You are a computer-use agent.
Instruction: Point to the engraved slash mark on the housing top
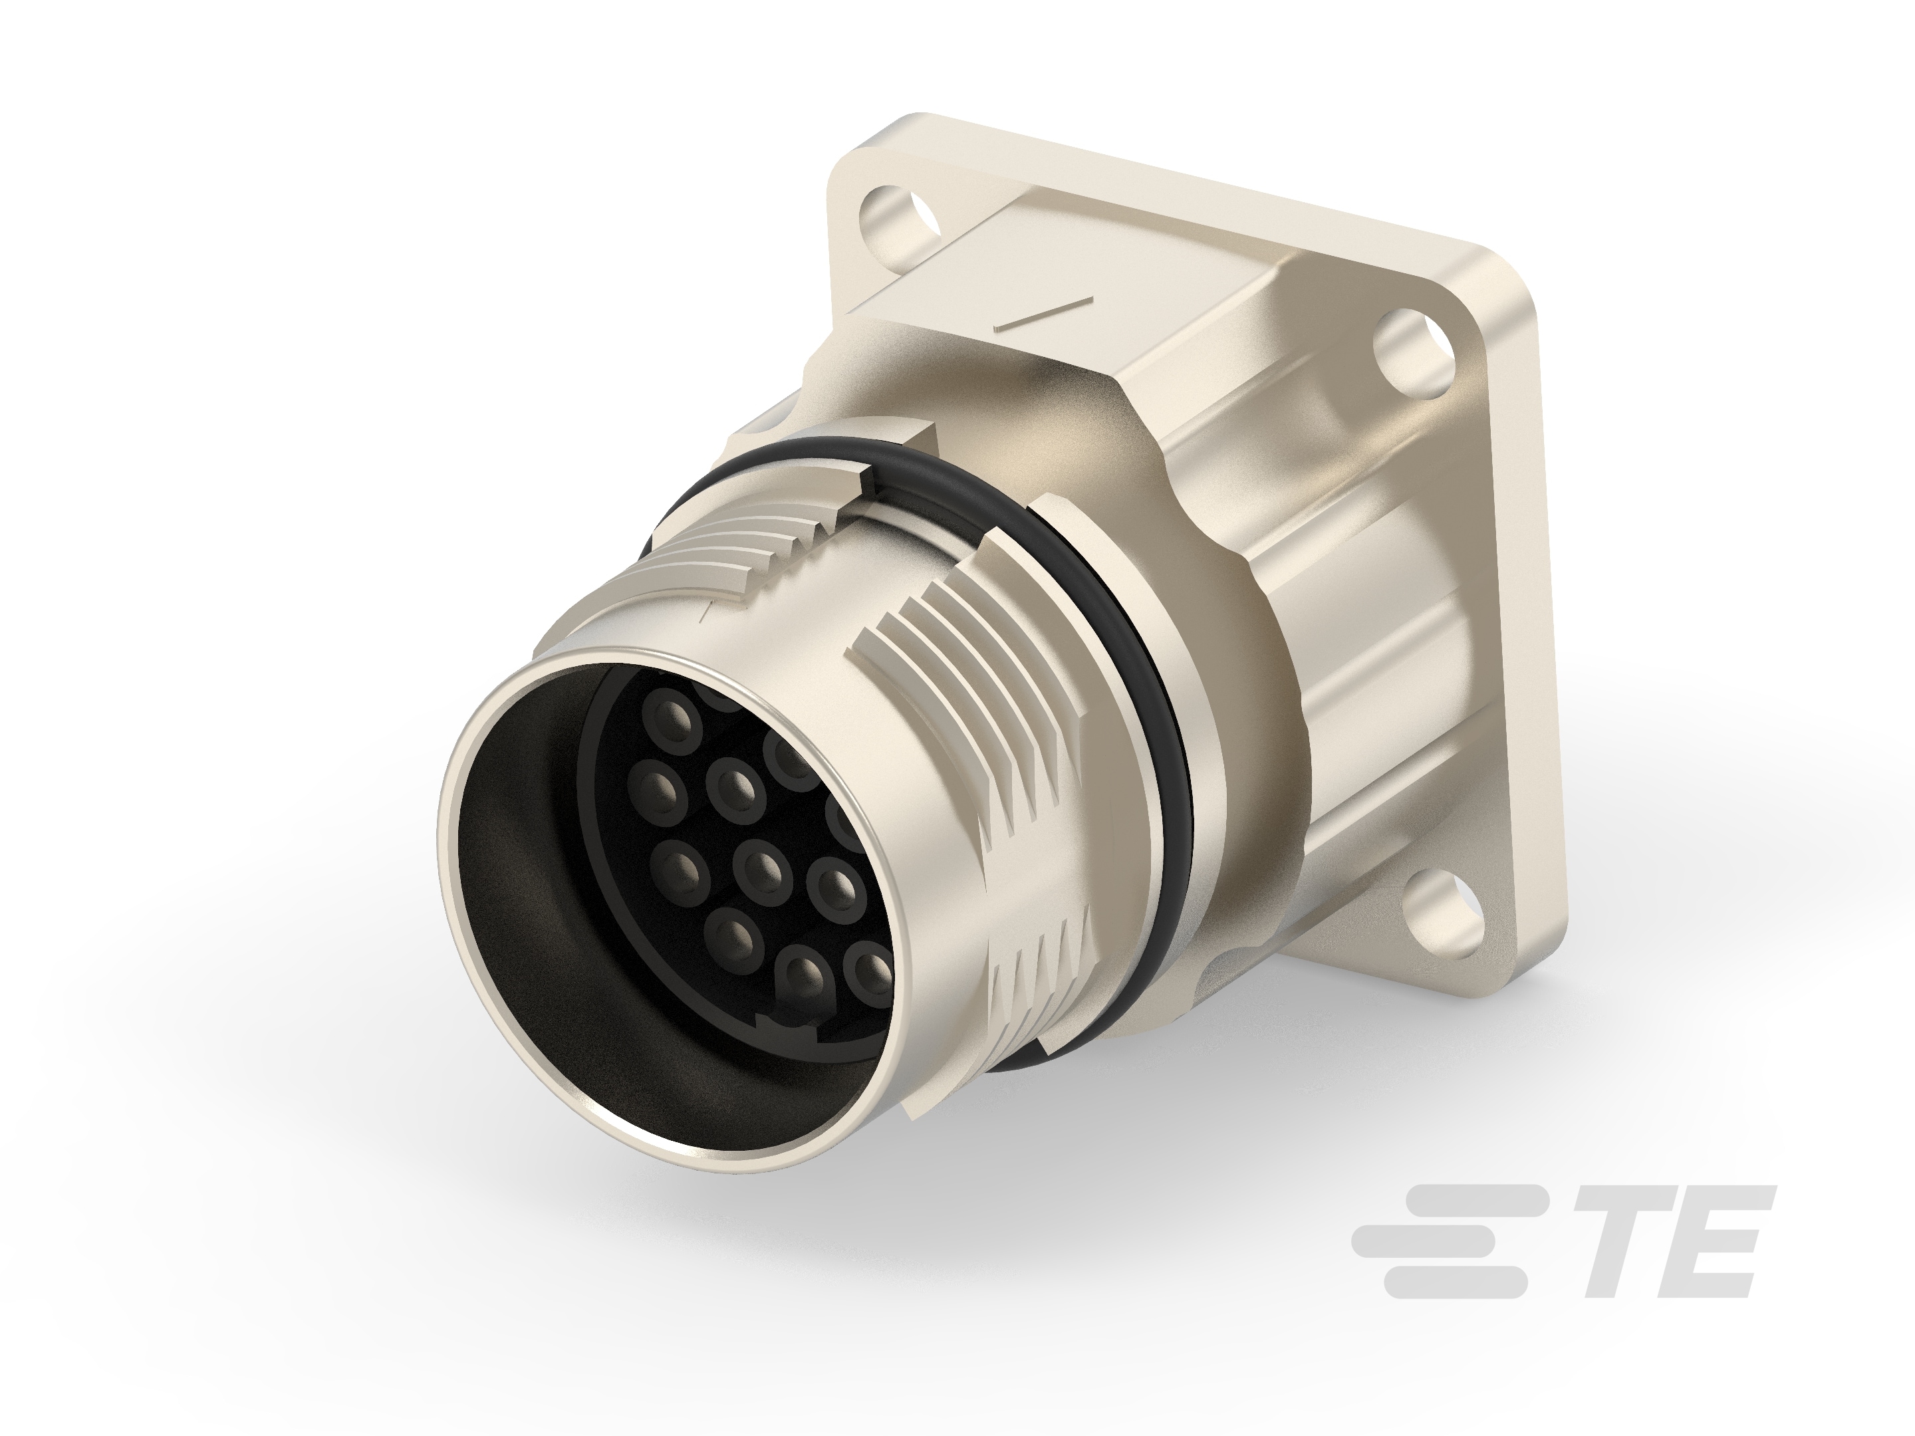click(x=1044, y=312)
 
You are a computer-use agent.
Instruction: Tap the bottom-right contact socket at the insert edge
click(x=868, y=971)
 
